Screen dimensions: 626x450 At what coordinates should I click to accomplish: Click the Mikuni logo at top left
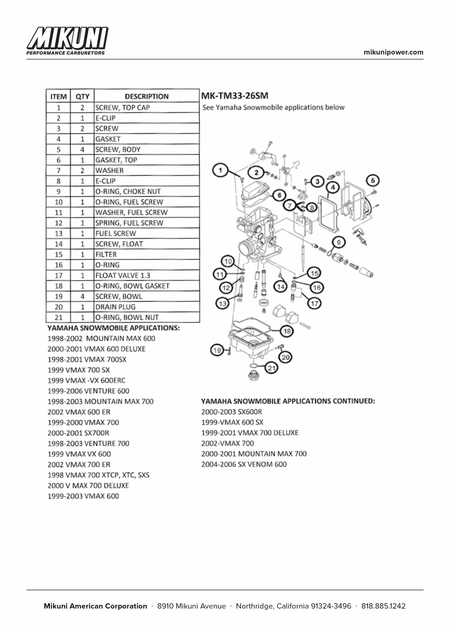coord(67,41)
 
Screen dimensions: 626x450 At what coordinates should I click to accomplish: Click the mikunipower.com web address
coord(393,52)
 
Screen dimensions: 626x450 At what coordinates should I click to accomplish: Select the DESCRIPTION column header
coord(146,96)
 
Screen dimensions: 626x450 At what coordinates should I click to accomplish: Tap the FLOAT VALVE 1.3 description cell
coord(123,275)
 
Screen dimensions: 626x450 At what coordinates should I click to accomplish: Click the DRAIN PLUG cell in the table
coord(115,307)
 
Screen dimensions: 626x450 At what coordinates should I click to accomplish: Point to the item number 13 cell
coord(58,233)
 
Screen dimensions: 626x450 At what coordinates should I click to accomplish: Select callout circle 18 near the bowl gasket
coord(287,331)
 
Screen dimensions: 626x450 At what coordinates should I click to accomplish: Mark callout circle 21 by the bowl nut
coord(272,368)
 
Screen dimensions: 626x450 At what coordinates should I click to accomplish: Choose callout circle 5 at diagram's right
coord(373,180)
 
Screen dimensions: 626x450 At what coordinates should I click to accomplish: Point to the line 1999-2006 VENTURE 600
coord(88,391)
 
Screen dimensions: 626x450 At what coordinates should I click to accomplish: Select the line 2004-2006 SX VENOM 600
coord(244,464)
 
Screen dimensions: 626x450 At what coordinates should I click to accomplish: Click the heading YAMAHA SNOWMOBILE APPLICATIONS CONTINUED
coord(288,401)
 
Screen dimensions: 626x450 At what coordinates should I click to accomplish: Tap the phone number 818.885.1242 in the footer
coord(383,606)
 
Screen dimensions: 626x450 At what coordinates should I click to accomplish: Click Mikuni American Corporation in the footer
coord(95,606)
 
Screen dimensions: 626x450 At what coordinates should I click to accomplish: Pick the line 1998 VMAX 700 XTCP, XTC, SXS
coord(98,475)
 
